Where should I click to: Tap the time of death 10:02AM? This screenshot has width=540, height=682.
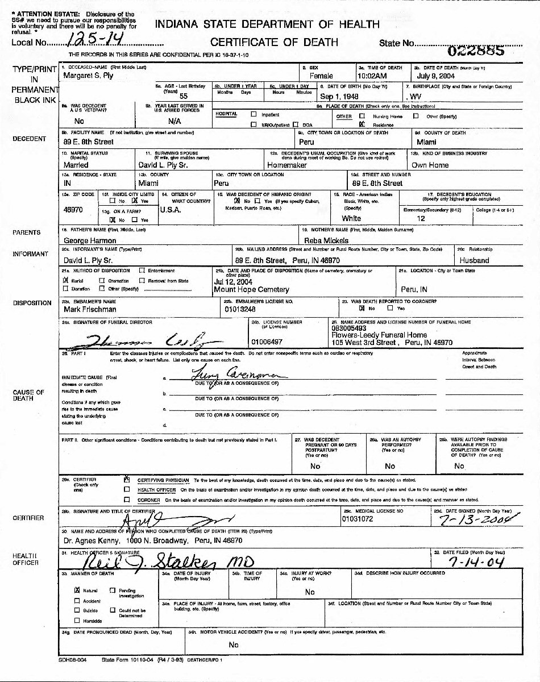(372, 76)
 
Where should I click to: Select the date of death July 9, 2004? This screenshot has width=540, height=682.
(435, 76)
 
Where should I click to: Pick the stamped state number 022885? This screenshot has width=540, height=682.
(476, 50)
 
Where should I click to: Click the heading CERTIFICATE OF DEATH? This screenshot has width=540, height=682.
(274, 42)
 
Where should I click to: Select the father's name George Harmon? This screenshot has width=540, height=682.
(90, 240)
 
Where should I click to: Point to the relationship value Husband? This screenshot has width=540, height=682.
(474, 260)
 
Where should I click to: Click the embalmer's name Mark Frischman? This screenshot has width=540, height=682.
(90, 310)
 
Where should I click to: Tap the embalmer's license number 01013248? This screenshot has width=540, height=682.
(240, 310)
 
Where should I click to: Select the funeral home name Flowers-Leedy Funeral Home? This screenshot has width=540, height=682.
(379, 335)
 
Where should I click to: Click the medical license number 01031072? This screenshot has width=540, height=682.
(358, 519)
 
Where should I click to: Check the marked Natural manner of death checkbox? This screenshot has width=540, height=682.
(77, 590)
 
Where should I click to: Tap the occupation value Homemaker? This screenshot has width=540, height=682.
(287, 165)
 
